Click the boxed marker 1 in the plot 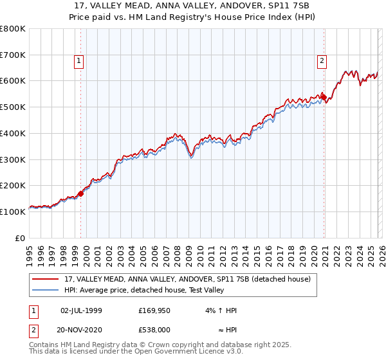[x=78, y=62]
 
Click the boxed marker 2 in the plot [x=322, y=62]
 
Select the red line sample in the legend [x=46, y=279]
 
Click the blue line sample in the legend [x=46, y=290]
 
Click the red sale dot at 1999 [x=81, y=193]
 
